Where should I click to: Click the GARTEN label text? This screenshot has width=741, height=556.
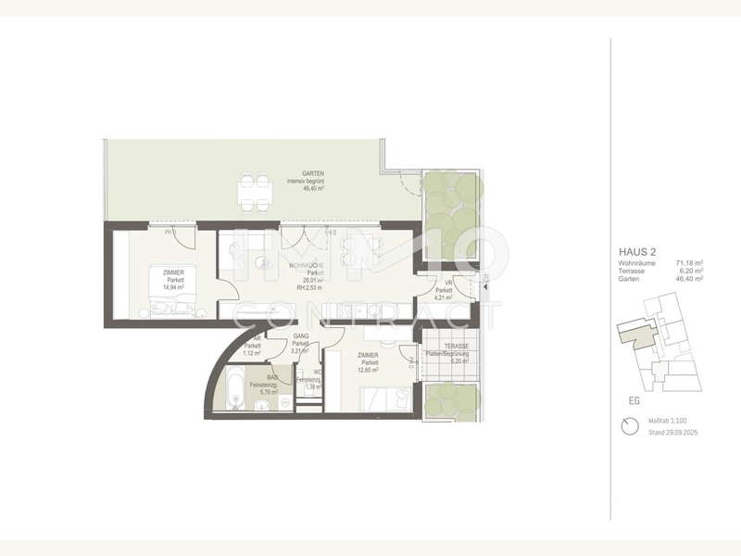(299, 174)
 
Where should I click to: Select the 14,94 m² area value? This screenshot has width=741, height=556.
(173, 288)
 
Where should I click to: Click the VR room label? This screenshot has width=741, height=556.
(447, 282)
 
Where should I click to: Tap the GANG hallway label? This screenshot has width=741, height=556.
(300, 336)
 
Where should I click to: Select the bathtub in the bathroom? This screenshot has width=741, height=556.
(236, 389)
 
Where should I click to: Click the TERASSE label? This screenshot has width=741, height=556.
(455, 347)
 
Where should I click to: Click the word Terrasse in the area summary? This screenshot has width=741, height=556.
(633, 271)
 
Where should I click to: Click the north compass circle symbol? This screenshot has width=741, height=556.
(631, 425)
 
